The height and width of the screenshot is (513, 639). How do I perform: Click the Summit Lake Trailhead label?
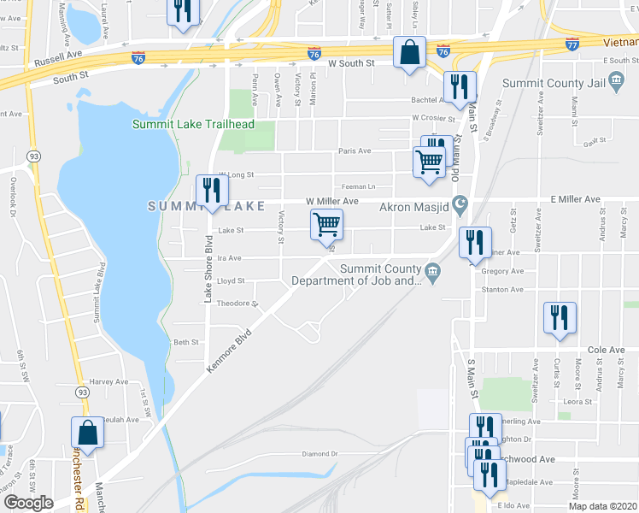pyautogui.click(x=193, y=125)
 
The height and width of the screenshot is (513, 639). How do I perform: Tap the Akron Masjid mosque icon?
pyautogui.click(x=461, y=203)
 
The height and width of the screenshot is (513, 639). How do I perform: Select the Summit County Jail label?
pyautogui.click(x=556, y=83)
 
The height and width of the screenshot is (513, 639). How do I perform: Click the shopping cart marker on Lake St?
pyautogui.click(x=326, y=226)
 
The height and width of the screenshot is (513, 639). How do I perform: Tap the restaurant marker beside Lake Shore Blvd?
pyautogui.click(x=209, y=192)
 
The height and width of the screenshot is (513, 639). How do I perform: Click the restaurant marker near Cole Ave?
pyautogui.click(x=560, y=318)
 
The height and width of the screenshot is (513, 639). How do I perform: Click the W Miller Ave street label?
pyautogui.click(x=332, y=202)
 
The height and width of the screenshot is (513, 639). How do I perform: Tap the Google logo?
pyautogui.click(x=28, y=503)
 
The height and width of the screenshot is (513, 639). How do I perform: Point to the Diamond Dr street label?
pyautogui.click(x=320, y=454)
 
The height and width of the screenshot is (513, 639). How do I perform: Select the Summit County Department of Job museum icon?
pyautogui.click(x=433, y=273)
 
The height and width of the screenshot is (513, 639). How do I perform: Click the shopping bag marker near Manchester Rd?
pyautogui.click(x=87, y=433)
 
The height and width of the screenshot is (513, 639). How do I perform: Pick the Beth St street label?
pyautogui.click(x=185, y=342)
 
